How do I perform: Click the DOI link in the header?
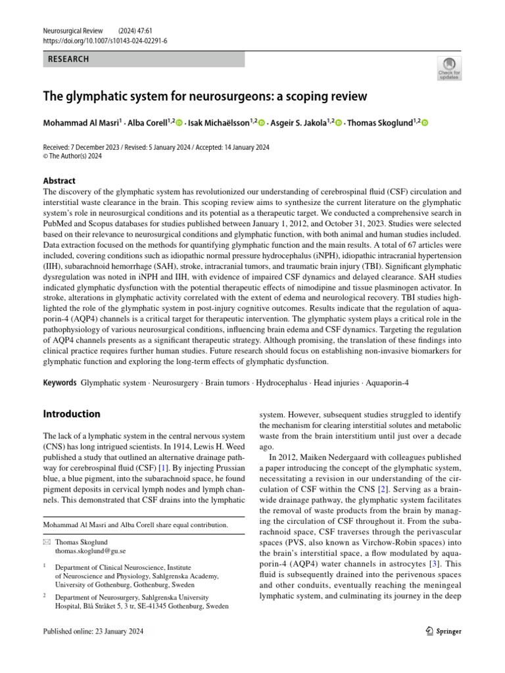(x=105, y=40)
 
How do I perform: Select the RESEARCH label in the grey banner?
(x=68, y=59)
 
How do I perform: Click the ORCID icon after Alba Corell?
(x=179, y=123)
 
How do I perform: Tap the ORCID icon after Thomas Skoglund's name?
(x=424, y=123)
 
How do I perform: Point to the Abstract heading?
(x=59, y=181)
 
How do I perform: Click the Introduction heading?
(x=72, y=414)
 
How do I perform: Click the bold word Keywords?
(x=60, y=383)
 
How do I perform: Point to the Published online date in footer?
(x=92, y=632)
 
